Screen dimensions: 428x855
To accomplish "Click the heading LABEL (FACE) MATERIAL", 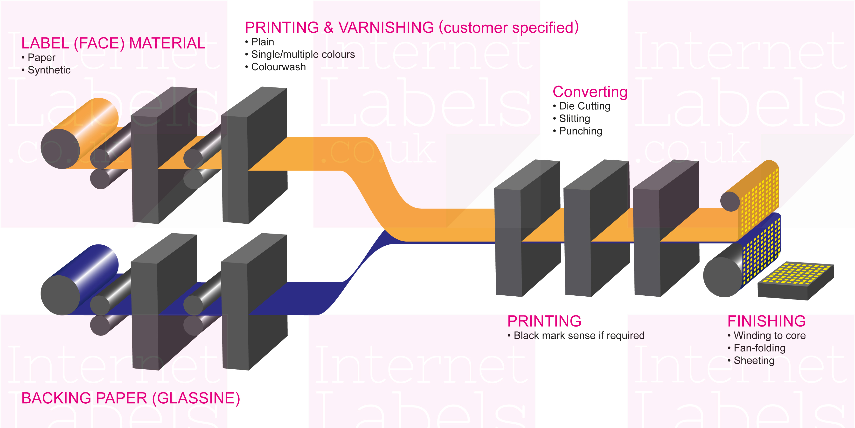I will (x=113, y=43).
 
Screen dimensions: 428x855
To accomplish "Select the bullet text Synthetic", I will (x=49, y=70).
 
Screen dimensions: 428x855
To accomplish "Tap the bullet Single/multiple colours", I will (x=303, y=55).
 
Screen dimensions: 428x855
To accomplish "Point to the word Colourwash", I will (x=278, y=67).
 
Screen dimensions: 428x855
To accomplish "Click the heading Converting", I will (x=590, y=92).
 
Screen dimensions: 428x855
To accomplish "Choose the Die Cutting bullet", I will (x=584, y=106).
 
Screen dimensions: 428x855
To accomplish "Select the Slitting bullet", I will (x=574, y=119).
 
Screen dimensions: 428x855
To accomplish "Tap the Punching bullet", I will (x=580, y=131).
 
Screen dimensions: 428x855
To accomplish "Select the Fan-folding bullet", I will (x=759, y=348).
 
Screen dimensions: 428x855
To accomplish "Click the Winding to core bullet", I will (x=769, y=336).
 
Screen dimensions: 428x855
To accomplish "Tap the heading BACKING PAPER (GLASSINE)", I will (x=131, y=398).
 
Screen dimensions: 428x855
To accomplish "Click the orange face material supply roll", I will (x=80, y=133).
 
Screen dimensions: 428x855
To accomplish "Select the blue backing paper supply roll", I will (x=80, y=279).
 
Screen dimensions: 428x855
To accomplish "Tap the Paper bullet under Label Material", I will (x=41, y=58).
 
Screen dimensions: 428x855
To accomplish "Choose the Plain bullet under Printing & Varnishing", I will (x=262, y=42).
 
